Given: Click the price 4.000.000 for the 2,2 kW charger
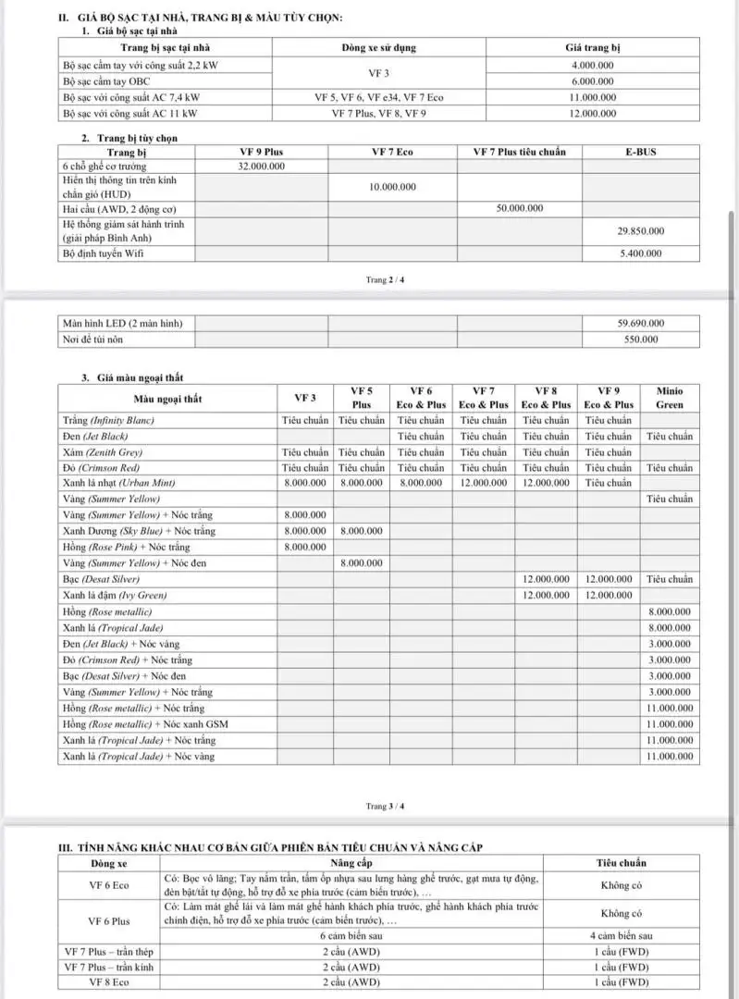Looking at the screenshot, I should [592, 66].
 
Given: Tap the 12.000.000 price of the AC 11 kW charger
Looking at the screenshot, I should [592, 113].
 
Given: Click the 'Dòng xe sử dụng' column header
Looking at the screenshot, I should [378, 46].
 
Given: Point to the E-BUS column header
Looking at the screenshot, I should [640, 152].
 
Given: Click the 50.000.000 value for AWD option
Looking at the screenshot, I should [519, 209].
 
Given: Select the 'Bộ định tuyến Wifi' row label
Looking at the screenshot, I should [104, 253].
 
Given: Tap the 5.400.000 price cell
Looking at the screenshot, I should [640, 253].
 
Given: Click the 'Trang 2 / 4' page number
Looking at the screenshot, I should [385, 279].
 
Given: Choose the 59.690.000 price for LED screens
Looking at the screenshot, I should [640, 324].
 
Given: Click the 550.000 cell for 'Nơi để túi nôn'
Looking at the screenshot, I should [640, 339].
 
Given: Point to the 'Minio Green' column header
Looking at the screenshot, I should [670, 398].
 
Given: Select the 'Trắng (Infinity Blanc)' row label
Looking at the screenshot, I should [108, 420].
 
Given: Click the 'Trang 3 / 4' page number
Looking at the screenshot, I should [385, 806].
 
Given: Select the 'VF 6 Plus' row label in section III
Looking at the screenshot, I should [109, 921].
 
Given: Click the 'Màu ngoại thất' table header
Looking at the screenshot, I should [167, 399].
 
